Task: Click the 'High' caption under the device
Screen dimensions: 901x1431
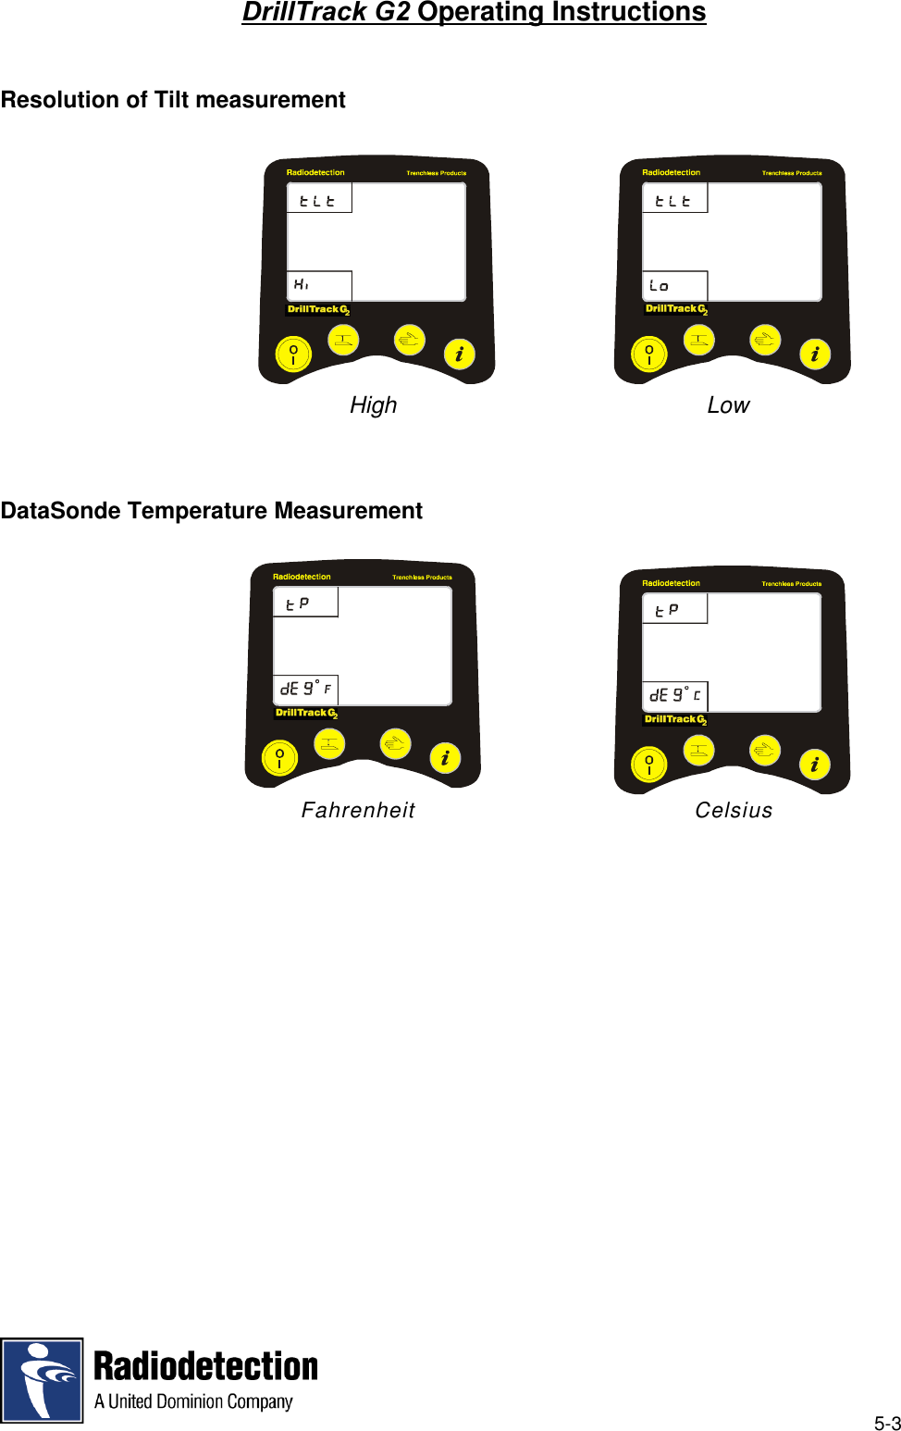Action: click(x=373, y=405)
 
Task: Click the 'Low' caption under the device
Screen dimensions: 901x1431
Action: click(x=728, y=405)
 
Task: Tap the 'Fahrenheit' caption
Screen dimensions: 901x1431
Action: click(x=358, y=811)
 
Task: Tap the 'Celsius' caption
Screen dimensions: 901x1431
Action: click(x=734, y=811)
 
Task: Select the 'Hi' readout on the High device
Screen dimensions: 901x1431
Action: click(x=302, y=284)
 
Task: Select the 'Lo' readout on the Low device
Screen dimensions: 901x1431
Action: click(x=659, y=285)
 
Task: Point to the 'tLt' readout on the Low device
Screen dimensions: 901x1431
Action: click(x=673, y=201)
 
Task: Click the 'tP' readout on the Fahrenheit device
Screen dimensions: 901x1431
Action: click(x=298, y=604)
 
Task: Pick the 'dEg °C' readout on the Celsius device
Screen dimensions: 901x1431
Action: click(x=675, y=695)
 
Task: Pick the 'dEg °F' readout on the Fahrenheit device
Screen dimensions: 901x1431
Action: click(x=305, y=689)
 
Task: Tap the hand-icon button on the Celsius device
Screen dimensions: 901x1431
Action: click(x=765, y=751)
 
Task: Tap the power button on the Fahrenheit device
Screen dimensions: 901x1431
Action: click(x=279, y=758)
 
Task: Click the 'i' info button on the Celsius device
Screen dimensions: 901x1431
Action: click(x=814, y=765)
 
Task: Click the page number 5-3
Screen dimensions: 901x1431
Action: click(x=887, y=1424)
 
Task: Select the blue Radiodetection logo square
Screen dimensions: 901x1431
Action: click(x=42, y=1379)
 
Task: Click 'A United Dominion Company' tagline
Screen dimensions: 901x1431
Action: click(x=193, y=1401)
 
